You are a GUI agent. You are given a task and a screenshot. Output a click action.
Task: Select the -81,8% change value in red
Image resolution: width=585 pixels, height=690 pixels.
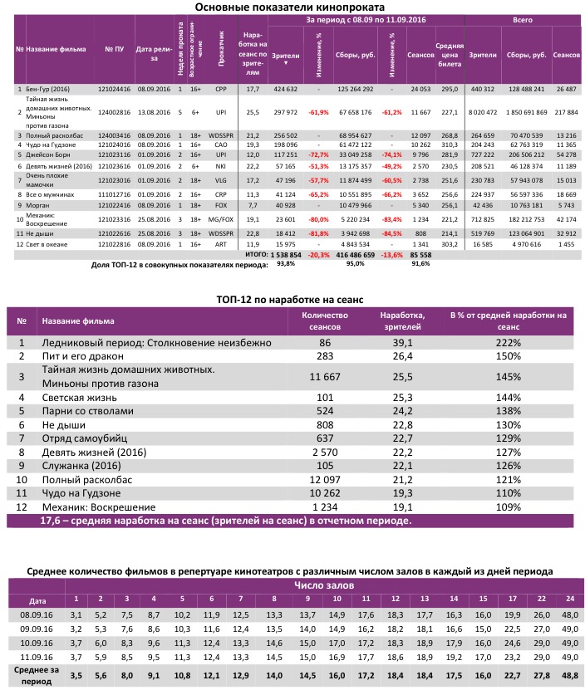click(x=317, y=235)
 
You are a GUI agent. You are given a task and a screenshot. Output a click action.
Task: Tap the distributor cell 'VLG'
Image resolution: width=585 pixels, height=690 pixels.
click(x=220, y=179)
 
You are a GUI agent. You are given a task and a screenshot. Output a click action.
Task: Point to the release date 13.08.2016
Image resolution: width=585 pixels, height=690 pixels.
click(x=152, y=110)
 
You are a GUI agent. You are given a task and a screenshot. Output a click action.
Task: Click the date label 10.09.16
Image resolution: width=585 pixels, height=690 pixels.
click(x=36, y=643)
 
